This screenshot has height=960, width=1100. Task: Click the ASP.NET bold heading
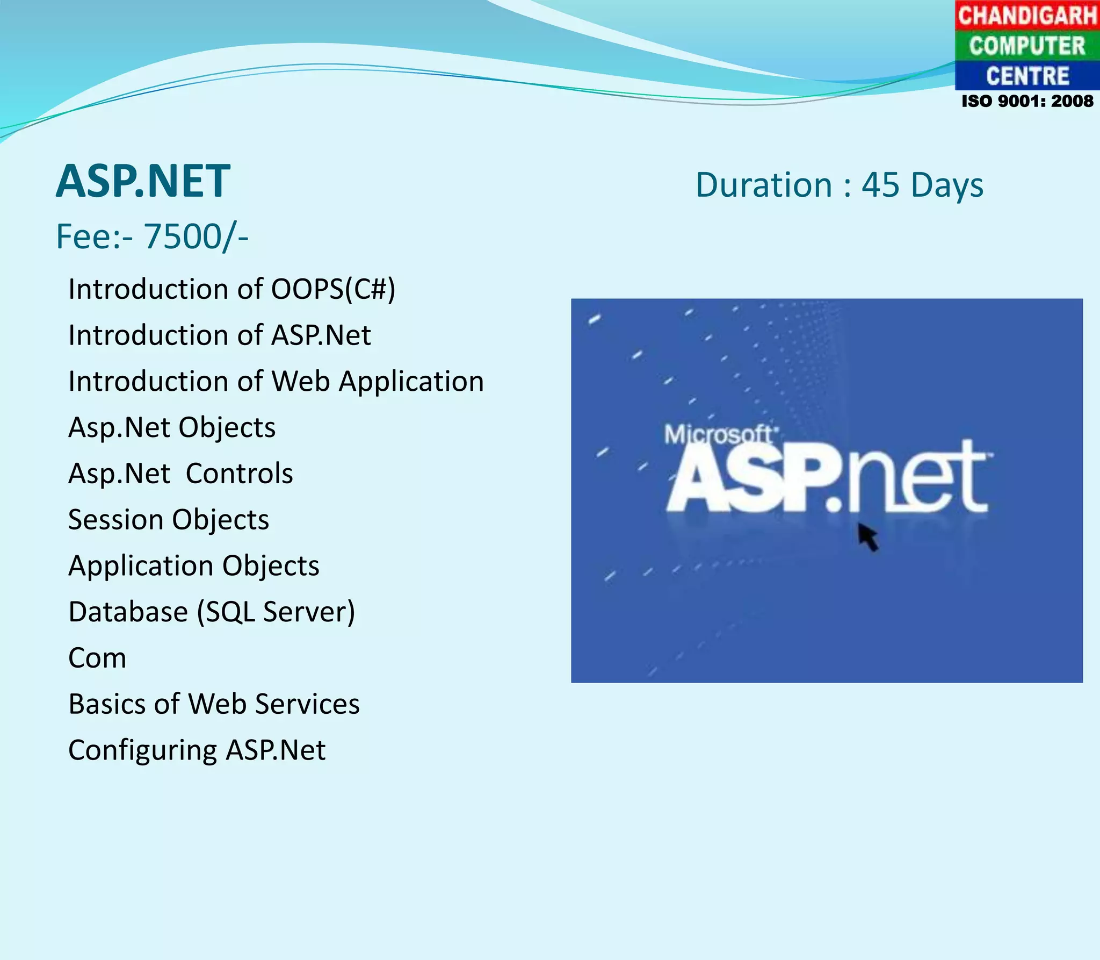[143, 182]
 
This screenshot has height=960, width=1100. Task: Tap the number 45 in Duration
[880, 185]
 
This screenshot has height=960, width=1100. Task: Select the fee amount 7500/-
[196, 237]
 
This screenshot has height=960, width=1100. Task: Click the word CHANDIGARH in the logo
[1027, 15]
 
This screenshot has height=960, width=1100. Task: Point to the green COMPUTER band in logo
[1027, 46]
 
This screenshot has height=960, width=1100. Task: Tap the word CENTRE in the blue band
[1027, 76]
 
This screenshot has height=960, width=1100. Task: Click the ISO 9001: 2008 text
[1027, 101]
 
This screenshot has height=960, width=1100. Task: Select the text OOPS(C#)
[333, 289]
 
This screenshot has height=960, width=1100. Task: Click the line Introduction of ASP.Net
[219, 335]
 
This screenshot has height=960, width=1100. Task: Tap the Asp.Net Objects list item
[172, 428]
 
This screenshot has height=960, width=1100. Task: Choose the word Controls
[240, 474]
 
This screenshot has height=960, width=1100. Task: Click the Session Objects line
[169, 520]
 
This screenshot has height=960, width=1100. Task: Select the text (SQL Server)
[276, 612]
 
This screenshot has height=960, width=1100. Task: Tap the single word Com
[97, 658]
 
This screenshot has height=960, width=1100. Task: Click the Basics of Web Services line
[214, 704]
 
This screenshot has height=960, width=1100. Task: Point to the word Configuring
[142, 751]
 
